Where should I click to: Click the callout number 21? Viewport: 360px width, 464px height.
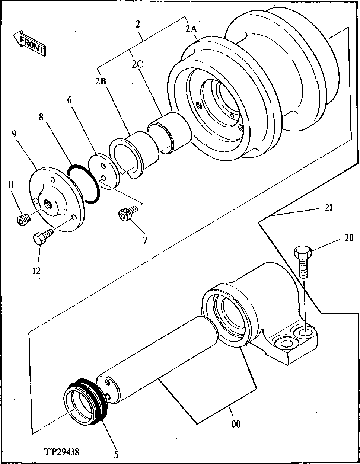pyautogui.click(x=328, y=208)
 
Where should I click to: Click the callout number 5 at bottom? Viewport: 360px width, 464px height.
pyautogui.click(x=117, y=454)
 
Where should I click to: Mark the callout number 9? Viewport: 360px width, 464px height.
pyautogui.click(x=14, y=134)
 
